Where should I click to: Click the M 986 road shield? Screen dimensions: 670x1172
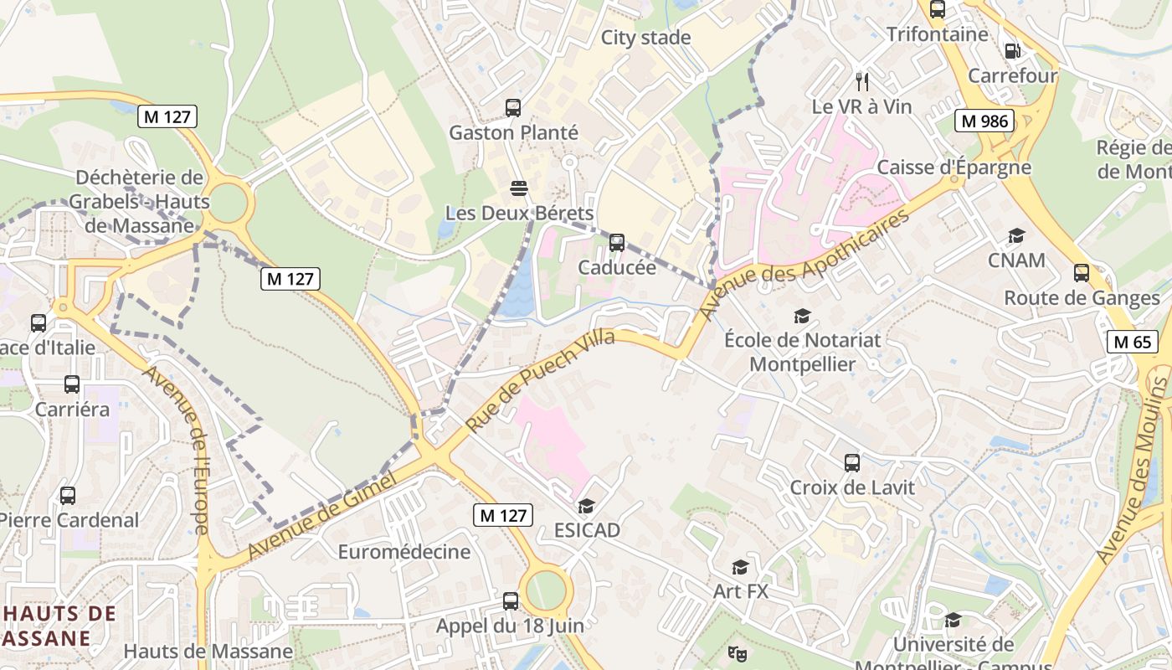point(984,121)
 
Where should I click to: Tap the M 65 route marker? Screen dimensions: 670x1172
point(1133,341)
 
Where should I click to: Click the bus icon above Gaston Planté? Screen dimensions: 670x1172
point(513,108)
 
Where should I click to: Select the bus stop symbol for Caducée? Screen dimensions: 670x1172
point(617,243)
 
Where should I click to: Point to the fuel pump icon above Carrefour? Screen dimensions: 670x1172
point(1012,51)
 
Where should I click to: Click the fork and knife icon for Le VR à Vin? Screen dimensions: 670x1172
point(862,81)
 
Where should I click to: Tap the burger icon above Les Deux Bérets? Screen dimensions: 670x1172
point(519,188)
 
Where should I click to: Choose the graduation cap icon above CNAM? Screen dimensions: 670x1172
point(1016,236)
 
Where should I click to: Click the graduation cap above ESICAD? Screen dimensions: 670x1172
point(586,506)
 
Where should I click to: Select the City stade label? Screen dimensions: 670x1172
point(645,38)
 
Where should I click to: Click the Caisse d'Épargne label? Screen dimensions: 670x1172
point(954,167)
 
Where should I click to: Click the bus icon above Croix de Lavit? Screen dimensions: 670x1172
point(852,462)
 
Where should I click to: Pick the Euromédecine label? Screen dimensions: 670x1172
point(404,552)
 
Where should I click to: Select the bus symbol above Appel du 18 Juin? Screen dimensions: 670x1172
point(510,600)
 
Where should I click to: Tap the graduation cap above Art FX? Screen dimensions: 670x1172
point(740,568)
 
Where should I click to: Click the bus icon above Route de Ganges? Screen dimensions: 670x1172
point(1082,273)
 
